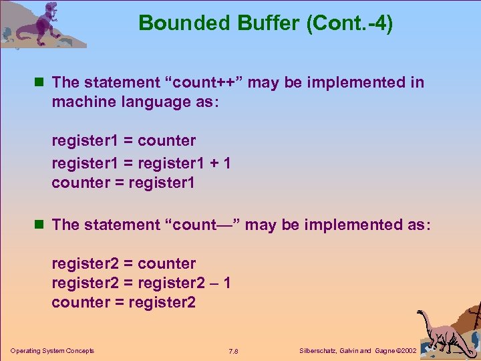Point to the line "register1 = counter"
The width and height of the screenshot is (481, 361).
(124, 140)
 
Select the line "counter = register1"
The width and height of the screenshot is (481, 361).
(123, 183)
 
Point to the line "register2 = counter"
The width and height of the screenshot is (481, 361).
(124, 263)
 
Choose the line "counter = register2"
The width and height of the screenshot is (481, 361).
(124, 302)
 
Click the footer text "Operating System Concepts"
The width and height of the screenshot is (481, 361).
(52, 350)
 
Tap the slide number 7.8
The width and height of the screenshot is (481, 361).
(233, 351)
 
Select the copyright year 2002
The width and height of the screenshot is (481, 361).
(408, 351)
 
